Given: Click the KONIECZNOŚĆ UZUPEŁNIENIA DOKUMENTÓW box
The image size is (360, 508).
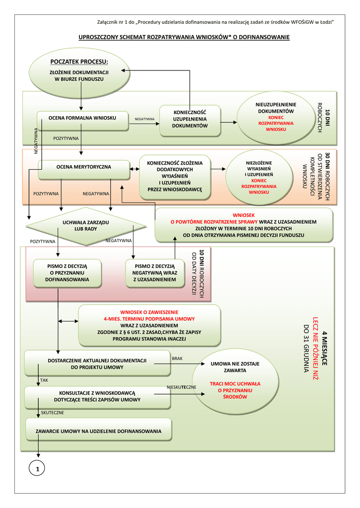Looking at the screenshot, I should (x=190, y=120).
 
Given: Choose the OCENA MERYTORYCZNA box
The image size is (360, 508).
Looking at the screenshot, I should (x=83, y=167).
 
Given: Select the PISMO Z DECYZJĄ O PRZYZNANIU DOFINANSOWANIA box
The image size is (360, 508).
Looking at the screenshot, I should (x=67, y=273).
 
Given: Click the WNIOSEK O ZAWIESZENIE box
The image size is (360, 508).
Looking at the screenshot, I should (x=149, y=325).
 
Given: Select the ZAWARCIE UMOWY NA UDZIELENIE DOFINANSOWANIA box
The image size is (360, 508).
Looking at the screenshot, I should (x=98, y=430).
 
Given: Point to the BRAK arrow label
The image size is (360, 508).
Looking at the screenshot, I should (x=177, y=358).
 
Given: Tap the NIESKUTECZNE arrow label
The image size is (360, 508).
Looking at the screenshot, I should (x=182, y=387).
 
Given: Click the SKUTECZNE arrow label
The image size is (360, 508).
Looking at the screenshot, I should (x=53, y=413).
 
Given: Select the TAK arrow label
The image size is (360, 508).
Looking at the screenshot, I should (x=44, y=380).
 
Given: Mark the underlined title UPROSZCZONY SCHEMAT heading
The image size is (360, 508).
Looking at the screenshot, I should (x=184, y=38).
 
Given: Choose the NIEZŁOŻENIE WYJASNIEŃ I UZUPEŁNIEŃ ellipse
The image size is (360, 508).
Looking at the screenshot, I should (x=258, y=178).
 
